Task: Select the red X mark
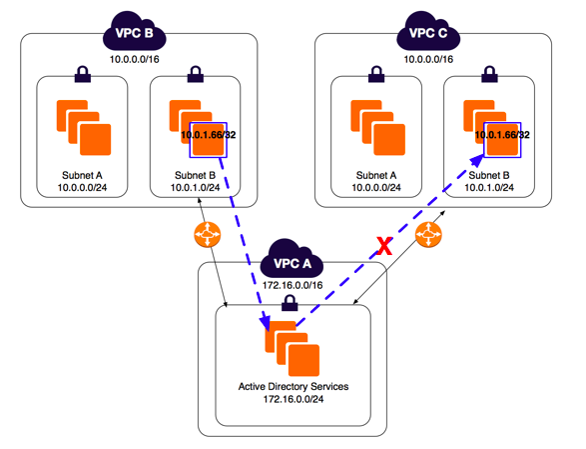(x=384, y=246)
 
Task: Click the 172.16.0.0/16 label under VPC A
(x=293, y=285)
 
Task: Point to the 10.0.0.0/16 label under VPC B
(x=134, y=59)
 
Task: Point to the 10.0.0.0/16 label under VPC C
(x=428, y=59)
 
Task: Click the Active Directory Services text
(x=293, y=386)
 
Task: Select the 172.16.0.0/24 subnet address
(x=293, y=399)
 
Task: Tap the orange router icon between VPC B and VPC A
(x=208, y=234)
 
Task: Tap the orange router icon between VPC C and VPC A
(x=428, y=234)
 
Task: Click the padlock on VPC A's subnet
(x=290, y=303)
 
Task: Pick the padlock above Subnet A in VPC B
(x=83, y=74)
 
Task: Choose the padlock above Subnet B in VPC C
(x=489, y=74)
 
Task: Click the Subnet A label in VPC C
(x=376, y=175)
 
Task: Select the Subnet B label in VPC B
(x=195, y=175)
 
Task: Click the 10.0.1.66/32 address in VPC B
(x=209, y=135)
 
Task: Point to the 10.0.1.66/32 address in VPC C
(x=502, y=135)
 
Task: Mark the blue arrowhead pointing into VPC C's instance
(x=476, y=161)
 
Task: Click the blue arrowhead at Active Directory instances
(x=265, y=323)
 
